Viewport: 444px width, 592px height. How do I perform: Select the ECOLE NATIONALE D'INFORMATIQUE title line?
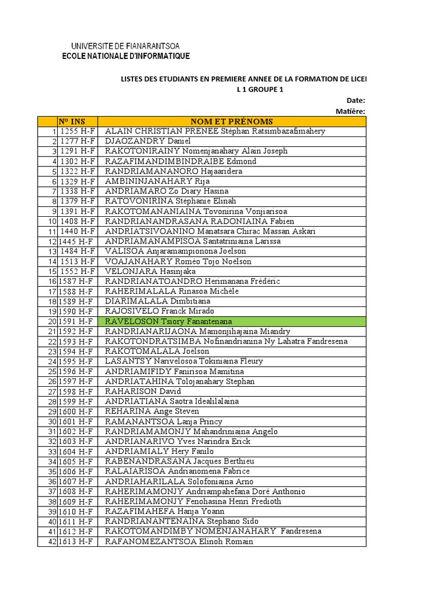click(x=125, y=55)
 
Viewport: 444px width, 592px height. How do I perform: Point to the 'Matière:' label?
click(x=350, y=110)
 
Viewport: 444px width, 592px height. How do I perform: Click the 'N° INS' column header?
click(x=71, y=121)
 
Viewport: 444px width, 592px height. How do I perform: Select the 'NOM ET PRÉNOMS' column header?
click(x=231, y=121)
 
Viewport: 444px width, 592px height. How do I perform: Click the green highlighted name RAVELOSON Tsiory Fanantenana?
click(x=167, y=321)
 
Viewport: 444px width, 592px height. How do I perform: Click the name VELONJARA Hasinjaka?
click(x=150, y=271)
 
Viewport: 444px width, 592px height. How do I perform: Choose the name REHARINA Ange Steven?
click(x=151, y=411)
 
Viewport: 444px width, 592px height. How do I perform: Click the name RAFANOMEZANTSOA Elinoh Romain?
click(x=179, y=542)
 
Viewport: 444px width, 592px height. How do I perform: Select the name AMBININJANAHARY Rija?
click(x=149, y=181)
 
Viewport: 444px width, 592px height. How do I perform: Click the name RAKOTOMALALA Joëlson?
click(x=157, y=351)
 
